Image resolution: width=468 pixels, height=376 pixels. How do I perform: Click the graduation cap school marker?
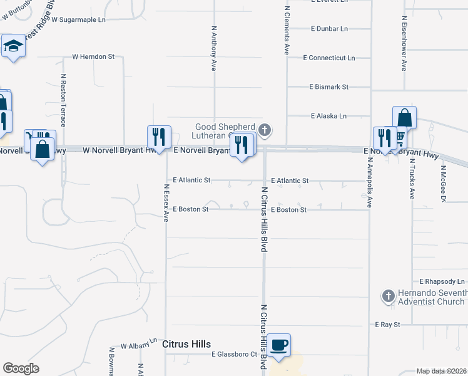[x=13, y=46]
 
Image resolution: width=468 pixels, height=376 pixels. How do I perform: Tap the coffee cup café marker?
[x=280, y=345]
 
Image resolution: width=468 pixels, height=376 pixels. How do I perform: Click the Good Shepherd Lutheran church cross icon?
[x=265, y=130]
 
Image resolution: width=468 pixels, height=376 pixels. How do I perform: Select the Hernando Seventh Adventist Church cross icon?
[x=388, y=295]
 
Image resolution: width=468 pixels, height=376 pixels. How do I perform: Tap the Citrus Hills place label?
[x=186, y=344]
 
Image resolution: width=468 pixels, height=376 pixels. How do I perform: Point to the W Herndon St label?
[x=93, y=56]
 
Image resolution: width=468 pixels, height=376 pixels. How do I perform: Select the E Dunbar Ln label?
[x=329, y=29]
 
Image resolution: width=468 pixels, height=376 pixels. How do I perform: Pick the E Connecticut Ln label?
[x=328, y=58]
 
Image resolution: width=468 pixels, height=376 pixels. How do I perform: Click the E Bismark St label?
[x=328, y=87]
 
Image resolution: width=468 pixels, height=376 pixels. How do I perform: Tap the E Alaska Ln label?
[x=328, y=116]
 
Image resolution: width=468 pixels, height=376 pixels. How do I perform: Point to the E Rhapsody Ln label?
[x=443, y=282]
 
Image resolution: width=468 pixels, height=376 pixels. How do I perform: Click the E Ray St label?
[x=387, y=325]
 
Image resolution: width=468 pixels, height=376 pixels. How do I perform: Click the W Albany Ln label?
[x=139, y=345]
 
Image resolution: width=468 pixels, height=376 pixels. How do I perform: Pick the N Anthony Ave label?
[x=214, y=48]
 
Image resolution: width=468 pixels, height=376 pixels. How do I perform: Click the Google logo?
[x=21, y=368]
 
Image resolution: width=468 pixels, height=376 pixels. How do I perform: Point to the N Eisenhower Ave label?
[x=404, y=48]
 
